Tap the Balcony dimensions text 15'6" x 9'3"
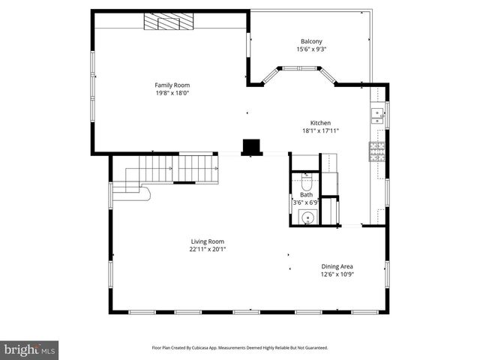[x=311, y=49]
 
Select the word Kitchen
[x=321, y=123]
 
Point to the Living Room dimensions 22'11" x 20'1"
[x=208, y=249]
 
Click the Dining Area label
[x=337, y=266]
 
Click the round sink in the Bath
[x=306, y=217]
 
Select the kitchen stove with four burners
[x=376, y=151]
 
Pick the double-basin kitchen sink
[x=376, y=115]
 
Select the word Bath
[x=307, y=195]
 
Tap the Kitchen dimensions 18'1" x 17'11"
[x=320, y=130]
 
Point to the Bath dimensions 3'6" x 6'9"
[x=307, y=202]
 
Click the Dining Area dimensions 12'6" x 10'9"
[x=337, y=274]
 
